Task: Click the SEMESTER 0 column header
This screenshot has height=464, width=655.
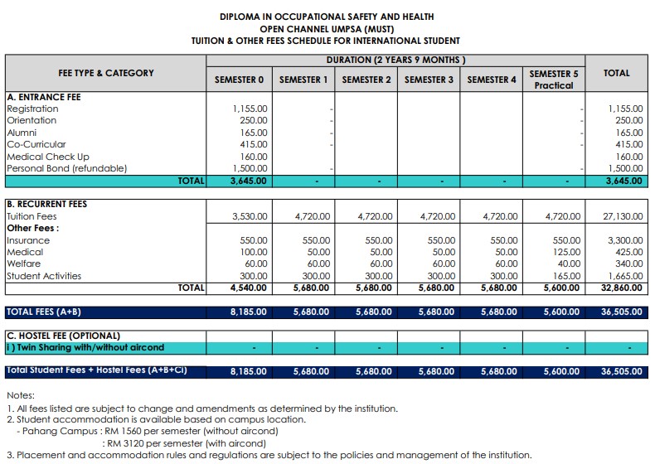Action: (239, 80)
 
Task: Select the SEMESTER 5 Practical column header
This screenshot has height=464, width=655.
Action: (553, 80)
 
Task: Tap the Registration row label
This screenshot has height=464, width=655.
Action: (32, 109)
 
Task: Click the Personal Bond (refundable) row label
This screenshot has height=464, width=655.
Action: (67, 168)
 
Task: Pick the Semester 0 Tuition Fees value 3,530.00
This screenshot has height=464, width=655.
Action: (250, 216)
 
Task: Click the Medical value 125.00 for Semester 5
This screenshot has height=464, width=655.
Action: (564, 252)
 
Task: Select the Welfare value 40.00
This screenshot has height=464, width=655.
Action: (567, 264)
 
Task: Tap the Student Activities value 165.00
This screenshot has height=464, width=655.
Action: (564, 276)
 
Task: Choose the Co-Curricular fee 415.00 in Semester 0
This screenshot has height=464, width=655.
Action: (253, 144)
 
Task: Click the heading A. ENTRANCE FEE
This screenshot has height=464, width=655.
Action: (44, 97)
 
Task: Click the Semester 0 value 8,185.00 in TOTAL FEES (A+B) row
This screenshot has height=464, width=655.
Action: (248, 312)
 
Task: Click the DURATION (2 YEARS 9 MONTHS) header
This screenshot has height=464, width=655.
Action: (396, 60)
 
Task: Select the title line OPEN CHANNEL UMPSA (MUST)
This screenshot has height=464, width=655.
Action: (326, 28)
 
